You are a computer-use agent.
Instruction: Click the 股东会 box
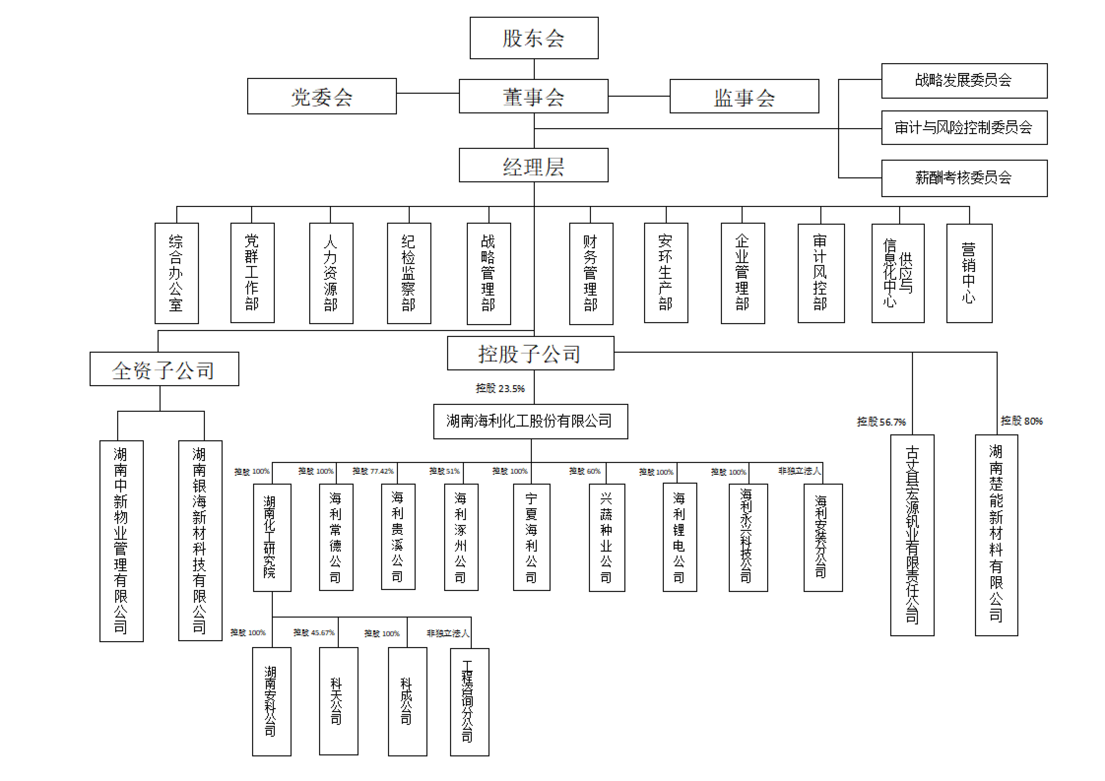(x=534, y=38)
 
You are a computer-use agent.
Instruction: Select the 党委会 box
(x=321, y=96)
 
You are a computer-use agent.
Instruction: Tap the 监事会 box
(x=744, y=96)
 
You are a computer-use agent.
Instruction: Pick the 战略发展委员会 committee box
(x=964, y=80)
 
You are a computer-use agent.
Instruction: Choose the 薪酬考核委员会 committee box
(x=964, y=178)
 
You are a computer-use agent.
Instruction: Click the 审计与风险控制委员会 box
(x=964, y=127)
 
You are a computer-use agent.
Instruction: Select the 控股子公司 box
(x=530, y=353)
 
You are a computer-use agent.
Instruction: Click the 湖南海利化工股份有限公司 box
(x=530, y=422)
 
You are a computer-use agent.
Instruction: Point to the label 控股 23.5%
(x=500, y=388)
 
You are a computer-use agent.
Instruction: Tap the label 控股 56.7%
(x=881, y=422)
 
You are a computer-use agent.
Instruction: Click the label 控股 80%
(x=1021, y=421)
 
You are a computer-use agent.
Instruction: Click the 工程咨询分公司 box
(x=469, y=702)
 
